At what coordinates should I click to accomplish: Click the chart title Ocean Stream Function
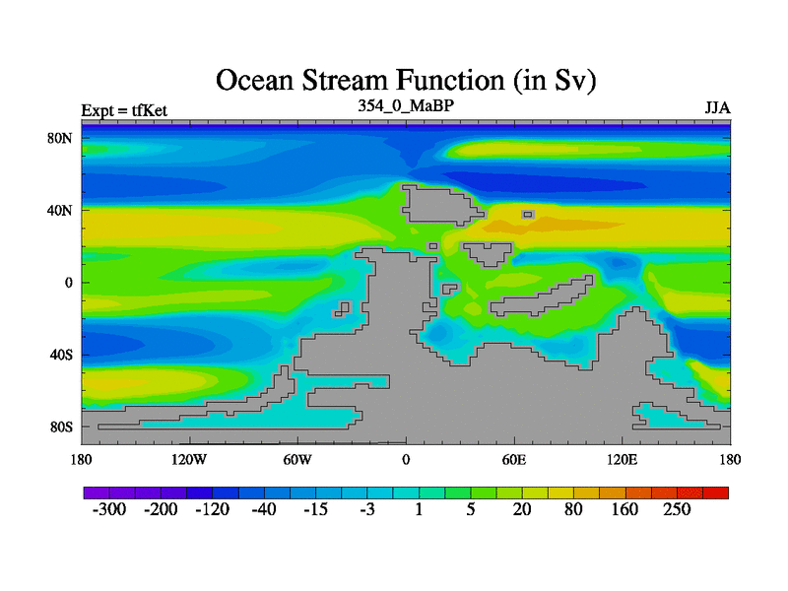tap(406, 81)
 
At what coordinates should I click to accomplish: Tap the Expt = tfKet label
tap(124, 110)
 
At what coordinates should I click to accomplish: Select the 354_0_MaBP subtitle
tap(406, 106)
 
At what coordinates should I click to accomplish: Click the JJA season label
tap(718, 108)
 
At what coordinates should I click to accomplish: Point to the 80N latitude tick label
tap(60, 138)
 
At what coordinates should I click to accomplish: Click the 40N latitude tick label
tap(60, 210)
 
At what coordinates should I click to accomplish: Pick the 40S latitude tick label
tap(61, 355)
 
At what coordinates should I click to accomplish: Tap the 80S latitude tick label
tap(61, 427)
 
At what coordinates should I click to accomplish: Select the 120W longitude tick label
tap(189, 460)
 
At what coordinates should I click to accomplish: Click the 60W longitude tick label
tap(297, 460)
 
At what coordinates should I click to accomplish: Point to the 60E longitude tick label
tap(514, 460)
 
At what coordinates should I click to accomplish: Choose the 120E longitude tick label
tap(623, 460)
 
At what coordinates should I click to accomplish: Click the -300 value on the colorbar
tap(109, 509)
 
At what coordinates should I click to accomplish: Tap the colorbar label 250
tap(677, 509)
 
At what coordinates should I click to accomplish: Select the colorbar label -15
tap(315, 509)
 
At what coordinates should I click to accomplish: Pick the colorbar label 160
tap(624, 509)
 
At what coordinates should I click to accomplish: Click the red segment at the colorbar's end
tap(716, 492)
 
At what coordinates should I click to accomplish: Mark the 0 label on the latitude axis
tap(68, 283)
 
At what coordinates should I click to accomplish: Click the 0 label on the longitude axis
tap(406, 460)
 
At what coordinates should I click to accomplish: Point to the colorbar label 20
tap(522, 509)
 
